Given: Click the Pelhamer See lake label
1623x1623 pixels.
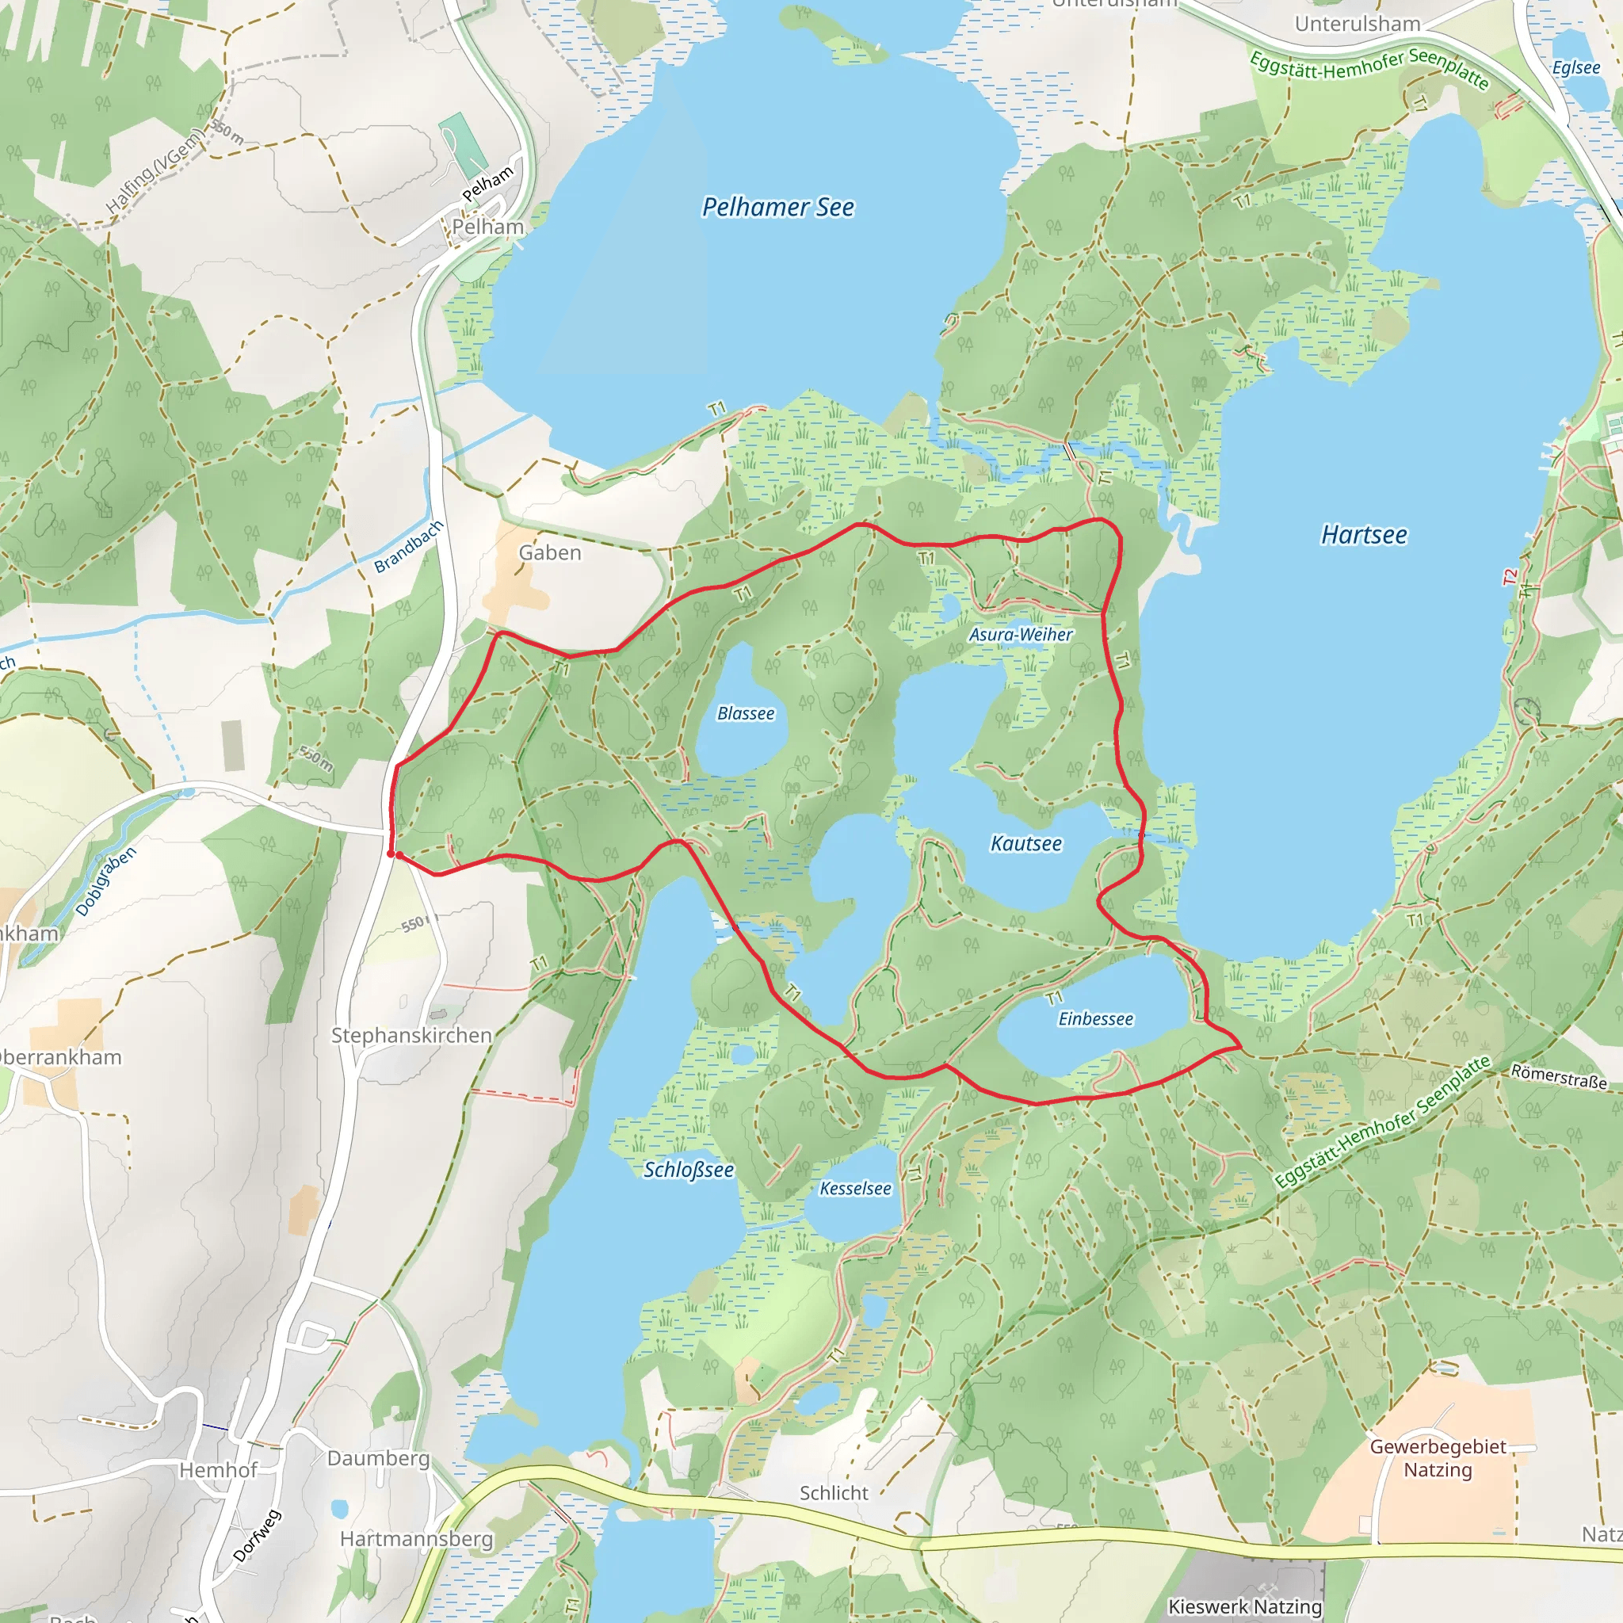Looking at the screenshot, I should pyautogui.click(x=778, y=208).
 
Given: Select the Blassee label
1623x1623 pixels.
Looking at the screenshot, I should pyautogui.click(x=745, y=713).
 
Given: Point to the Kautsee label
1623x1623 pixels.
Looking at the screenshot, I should pyautogui.click(x=1025, y=843).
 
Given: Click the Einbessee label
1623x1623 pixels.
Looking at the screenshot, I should pyautogui.click(x=1095, y=1019).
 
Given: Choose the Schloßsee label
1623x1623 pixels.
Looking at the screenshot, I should pyautogui.click(x=688, y=1170).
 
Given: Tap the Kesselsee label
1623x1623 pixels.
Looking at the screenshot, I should pyautogui.click(x=855, y=1189).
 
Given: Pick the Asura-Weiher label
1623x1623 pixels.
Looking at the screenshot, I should pyautogui.click(x=1021, y=634).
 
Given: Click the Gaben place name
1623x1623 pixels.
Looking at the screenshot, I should pyautogui.click(x=549, y=553).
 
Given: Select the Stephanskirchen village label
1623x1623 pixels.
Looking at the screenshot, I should pyautogui.click(x=411, y=1036).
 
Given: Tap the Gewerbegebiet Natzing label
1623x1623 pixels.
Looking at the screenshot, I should pyautogui.click(x=1438, y=1458).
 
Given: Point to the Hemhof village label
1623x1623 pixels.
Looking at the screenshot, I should pyautogui.click(x=219, y=1470).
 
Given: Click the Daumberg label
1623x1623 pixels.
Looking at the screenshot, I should pyautogui.click(x=378, y=1458).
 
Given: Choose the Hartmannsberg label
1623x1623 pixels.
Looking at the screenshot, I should pyautogui.click(x=417, y=1539).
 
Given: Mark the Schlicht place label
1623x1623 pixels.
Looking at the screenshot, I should pyautogui.click(x=834, y=1494).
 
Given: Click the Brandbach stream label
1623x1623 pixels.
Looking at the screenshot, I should pyautogui.click(x=408, y=547).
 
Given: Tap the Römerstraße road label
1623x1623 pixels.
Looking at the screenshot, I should pyautogui.click(x=1558, y=1076).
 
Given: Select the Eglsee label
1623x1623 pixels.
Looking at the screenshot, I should pyautogui.click(x=1576, y=67).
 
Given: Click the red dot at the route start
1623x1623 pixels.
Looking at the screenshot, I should pyautogui.click(x=391, y=854).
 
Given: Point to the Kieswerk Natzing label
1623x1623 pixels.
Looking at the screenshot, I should pyautogui.click(x=1245, y=1607).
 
